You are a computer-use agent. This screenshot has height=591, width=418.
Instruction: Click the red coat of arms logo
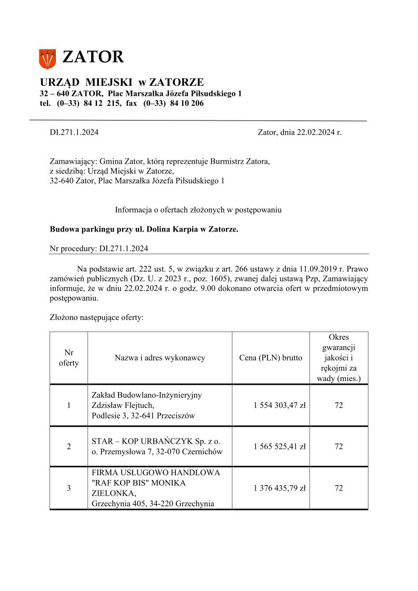47,58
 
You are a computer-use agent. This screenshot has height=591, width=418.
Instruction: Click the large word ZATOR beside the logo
93,57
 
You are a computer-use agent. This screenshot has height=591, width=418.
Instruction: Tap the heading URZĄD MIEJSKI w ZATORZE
122,82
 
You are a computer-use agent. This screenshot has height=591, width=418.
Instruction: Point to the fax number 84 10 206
186,104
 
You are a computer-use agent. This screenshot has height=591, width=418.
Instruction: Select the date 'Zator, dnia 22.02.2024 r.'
300,133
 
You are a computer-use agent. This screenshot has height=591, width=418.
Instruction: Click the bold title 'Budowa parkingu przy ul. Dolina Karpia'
144,229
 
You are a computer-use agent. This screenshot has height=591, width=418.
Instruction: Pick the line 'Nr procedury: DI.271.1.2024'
99,248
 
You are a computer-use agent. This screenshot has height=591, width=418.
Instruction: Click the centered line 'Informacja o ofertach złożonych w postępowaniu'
198,210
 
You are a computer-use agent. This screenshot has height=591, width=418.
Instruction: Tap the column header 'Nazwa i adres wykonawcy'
160,358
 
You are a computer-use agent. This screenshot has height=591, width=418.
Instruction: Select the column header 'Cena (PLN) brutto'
271,358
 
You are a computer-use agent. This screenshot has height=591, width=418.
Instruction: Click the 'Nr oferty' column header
68,358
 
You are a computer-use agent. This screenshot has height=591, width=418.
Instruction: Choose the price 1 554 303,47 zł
280,405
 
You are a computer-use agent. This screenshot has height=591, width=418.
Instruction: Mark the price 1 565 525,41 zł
280,446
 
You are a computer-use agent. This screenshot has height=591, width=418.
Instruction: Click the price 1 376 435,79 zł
280,488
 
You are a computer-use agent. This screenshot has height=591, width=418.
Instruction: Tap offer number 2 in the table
68,446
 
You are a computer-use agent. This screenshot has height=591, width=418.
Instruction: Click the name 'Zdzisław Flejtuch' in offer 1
123,405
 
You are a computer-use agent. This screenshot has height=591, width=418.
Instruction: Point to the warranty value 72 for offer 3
339,488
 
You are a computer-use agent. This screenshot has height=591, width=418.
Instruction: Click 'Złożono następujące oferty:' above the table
96,318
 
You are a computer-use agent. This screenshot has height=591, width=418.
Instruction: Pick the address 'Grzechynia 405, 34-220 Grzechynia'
153,504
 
